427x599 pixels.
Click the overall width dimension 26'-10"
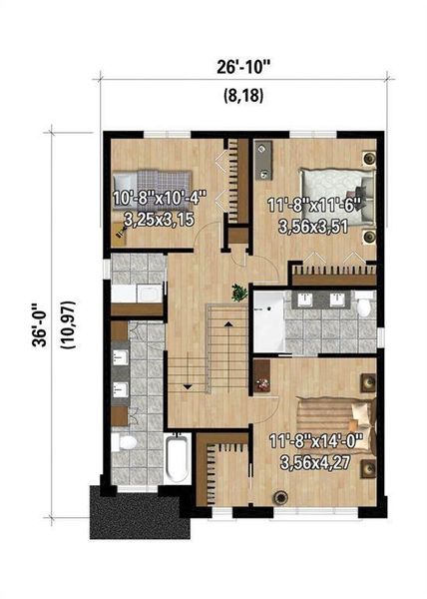[242, 68]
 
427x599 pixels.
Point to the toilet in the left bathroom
[127, 442]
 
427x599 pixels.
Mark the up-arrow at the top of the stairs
[226, 325]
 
